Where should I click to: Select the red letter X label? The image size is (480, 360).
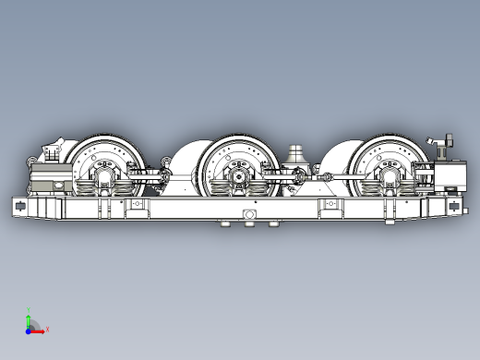pos(46,329)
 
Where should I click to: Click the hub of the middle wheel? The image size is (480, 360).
pos(239,173)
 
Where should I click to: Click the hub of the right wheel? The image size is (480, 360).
pos(388,172)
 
